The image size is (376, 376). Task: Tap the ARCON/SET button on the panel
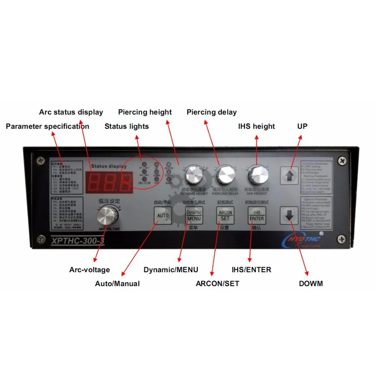[225, 215]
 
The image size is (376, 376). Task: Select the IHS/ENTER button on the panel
[257, 215]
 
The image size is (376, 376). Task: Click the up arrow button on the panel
[289, 176]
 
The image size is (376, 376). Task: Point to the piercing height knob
[194, 174]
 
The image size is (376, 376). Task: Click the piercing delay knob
[225, 174]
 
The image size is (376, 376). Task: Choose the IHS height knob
[258, 174]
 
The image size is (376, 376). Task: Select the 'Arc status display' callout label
[71, 112]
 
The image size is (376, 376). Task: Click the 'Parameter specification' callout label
[47, 126]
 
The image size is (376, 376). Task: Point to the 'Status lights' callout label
[127, 126]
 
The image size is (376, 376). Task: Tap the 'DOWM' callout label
[311, 284]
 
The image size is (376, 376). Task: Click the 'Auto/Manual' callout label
[117, 284]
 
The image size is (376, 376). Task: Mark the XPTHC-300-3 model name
[77, 241]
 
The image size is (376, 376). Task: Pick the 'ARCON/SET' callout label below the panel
[217, 284]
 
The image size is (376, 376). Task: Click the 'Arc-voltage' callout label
[89, 270]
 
